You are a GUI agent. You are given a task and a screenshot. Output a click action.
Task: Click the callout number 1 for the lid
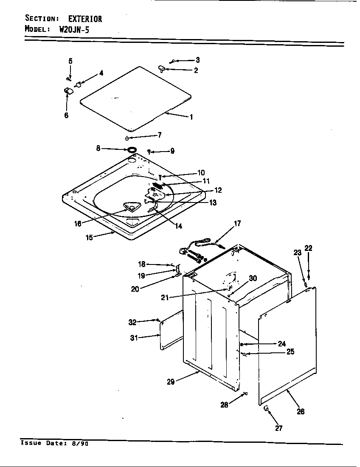(x=191, y=117)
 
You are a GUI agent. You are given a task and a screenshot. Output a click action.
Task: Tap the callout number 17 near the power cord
(x=237, y=223)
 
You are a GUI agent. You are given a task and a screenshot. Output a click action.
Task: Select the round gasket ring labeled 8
(x=132, y=149)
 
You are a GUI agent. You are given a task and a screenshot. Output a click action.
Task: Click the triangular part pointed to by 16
(x=130, y=207)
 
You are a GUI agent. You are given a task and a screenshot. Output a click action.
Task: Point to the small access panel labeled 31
(x=172, y=329)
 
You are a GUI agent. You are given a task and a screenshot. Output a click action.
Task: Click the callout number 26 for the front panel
(x=301, y=411)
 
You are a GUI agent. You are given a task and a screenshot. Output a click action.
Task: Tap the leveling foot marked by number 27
(x=266, y=408)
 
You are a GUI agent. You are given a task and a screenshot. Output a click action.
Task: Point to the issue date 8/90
(x=81, y=443)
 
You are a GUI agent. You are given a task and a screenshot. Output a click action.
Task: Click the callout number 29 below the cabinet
(x=170, y=382)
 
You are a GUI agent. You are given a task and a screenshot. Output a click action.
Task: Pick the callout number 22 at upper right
(x=309, y=248)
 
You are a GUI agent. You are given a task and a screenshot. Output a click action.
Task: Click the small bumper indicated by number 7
(x=127, y=138)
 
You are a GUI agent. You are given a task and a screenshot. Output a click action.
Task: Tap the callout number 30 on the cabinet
(x=253, y=279)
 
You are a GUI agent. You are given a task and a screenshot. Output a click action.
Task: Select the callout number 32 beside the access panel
(x=132, y=322)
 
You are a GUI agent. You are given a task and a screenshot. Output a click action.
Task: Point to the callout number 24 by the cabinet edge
(x=282, y=344)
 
